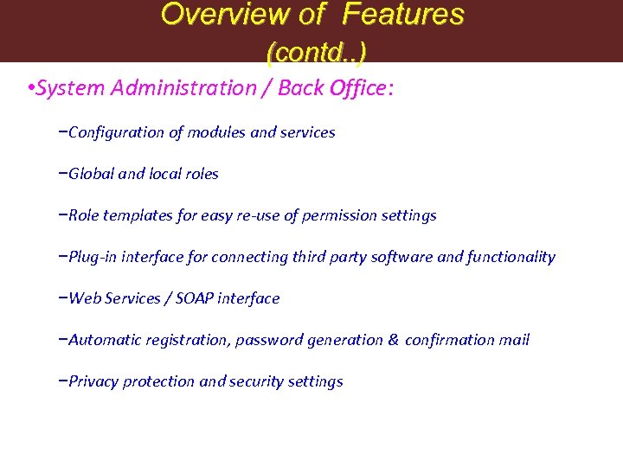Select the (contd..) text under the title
point(316,53)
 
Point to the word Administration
point(177,88)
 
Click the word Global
point(90,174)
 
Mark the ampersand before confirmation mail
point(394,340)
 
